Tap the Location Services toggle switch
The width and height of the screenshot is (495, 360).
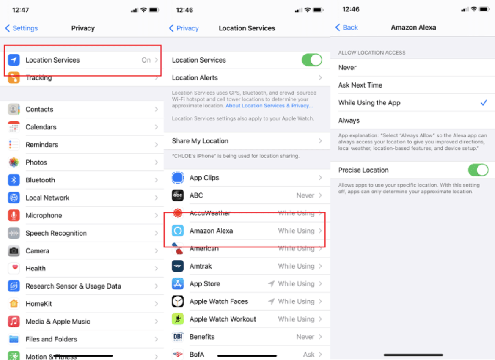pyautogui.click(x=312, y=60)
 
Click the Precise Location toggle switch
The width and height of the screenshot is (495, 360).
pyautogui.click(x=478, y=170)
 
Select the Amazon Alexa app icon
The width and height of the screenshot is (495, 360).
pyautogui.click(x=178, y=231)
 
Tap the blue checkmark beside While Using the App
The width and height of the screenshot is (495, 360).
pyautogui.click(x=484, y=103)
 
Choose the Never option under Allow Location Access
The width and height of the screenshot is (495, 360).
pyautogui.click(x=347, y=68)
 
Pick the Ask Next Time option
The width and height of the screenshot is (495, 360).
pyautogui.click(x=360, y=85)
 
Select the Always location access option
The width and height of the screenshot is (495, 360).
pyautogui.click(x=349, y=121)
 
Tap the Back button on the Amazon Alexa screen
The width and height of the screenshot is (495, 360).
pyautogui.click(x=346, y=27)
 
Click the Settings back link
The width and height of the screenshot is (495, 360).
pyautogui.click(x=22, y=28)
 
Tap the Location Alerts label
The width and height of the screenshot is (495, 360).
pyautogui.click(x=195, y=78)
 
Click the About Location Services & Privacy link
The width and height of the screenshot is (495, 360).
pyautogui.click(x=269, y=106)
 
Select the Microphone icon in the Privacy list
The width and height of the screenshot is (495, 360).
pyautogui.click(x=14, y=215)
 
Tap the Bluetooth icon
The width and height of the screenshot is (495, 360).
pyautogui.click(x=14, y=180)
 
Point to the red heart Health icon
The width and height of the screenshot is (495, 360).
pyautogui.click(x=14, y=268)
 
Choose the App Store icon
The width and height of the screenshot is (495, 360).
pyautogui.click(x=178, y=284)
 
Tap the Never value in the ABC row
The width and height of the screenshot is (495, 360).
pyautogui.click(x=305, y=195)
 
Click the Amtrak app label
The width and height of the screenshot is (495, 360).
pyautogui.click(x=201, y=266)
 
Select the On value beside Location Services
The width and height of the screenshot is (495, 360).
pyautogui.click(x=146, y=60)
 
